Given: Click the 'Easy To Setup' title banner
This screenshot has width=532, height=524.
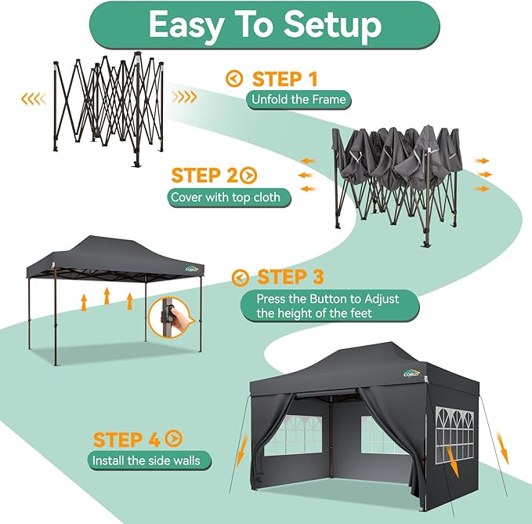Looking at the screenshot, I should coord(266,25).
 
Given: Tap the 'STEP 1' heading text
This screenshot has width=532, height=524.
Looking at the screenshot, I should coord(285,78).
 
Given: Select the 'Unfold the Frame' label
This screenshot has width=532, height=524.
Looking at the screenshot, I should coord(299,100).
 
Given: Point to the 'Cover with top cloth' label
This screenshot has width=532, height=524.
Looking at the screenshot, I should coord(229,197).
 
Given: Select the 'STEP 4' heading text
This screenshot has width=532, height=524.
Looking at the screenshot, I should coord(128,439).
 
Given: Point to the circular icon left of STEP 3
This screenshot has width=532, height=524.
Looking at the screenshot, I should coord(241,277).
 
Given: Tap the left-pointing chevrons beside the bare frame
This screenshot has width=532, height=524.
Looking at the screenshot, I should coord(33,98).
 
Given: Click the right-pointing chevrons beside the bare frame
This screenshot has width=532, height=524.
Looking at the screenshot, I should coord(185,98).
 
